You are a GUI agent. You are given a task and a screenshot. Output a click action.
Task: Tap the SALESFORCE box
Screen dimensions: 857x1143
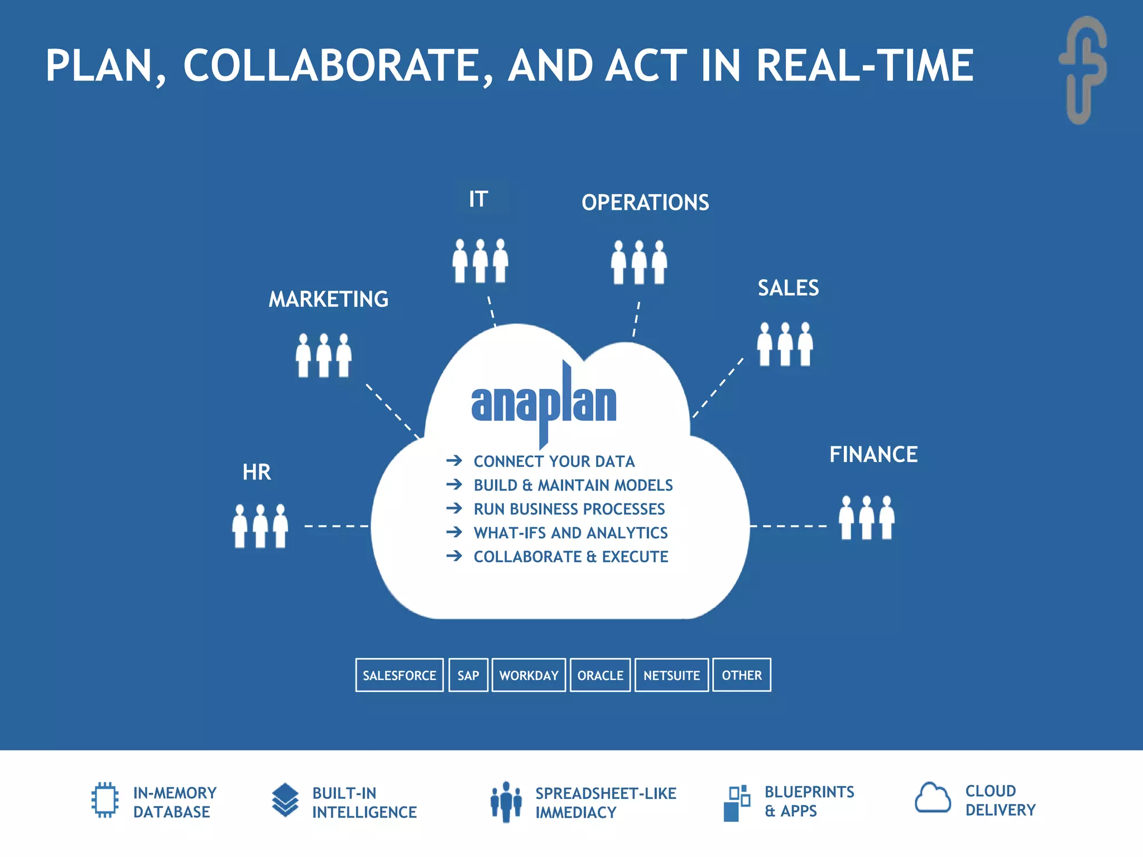[400, 675]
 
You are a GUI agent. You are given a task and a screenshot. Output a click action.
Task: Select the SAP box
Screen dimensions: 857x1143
[468, 675]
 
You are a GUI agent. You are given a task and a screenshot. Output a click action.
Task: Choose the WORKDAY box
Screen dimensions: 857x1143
[529, 675]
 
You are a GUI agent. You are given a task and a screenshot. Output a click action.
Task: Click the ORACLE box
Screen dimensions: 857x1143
[600, 675]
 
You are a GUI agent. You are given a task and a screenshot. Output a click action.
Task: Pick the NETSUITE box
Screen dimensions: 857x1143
[671, 675]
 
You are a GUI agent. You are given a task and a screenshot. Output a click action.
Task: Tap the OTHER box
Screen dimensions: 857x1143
[742, 675]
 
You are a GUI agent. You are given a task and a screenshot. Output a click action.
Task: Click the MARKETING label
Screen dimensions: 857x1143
[329, 300]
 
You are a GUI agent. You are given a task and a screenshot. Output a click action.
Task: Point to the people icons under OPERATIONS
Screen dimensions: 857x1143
[639, 262]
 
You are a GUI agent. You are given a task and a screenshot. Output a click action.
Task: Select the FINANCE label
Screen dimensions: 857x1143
[873, 455]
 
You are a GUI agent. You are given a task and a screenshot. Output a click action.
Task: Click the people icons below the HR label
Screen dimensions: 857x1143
[260, 526]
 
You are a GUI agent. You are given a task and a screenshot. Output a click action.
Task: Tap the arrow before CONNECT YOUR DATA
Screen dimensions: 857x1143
[454, 461]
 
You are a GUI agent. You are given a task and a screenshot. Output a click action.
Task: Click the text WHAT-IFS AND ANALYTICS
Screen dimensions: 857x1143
[570, 533]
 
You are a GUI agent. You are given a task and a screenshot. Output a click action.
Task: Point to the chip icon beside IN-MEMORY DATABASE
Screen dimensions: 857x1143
[105, 800]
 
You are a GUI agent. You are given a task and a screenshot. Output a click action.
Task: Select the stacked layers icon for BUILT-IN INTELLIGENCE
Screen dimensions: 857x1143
[285, 800]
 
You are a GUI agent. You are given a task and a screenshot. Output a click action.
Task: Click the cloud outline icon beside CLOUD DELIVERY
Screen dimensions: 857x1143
[933, 798]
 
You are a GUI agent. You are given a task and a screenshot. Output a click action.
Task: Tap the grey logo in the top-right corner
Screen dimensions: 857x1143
[1083, 70]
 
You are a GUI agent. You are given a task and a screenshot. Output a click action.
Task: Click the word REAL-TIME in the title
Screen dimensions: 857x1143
[865, 66]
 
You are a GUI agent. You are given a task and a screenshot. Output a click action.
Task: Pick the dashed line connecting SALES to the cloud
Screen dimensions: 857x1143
[718, 388]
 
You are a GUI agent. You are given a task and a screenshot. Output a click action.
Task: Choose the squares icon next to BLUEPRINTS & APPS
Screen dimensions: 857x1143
[737, 802]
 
